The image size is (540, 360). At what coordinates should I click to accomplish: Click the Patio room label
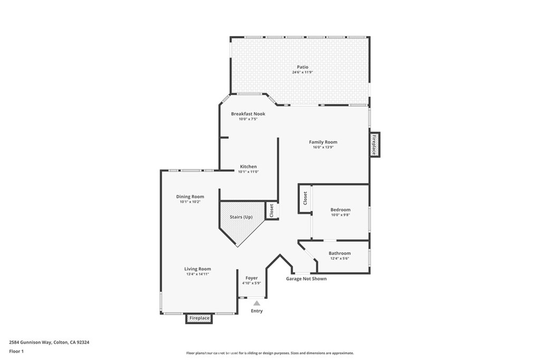pyautogui.click(x=302, y=67)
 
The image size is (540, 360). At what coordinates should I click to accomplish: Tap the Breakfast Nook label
pyautogui.click(x=248, y=114)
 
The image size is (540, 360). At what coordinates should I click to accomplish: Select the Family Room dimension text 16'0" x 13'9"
pyautogui.click(x=323, y=147)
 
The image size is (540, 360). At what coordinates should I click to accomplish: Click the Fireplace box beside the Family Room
pyautogui.click(x=374, y=144)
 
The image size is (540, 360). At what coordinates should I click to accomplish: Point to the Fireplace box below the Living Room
pyautogui.click(x=199, y=318)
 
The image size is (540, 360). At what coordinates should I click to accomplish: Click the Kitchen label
pyautogui.click(x=248, y=167)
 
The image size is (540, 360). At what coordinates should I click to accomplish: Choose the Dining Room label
pyautogui.click(x=190, y=197)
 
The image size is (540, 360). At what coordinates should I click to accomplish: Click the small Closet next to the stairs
pyautogui.click(x=272, y=211)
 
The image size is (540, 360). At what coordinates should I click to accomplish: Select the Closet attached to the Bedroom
pyautogui.click(x=305, y=199)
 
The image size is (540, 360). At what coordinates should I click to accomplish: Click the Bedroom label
pyautogui.click(x=340, y=210)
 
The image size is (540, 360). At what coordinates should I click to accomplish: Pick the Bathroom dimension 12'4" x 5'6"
pyautogui.click(x=339, y=258)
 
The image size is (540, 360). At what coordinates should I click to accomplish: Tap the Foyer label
pyautogui.click(x=252, y=278)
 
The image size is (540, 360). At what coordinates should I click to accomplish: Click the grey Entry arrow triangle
pyautogui.click(x=256, y=303)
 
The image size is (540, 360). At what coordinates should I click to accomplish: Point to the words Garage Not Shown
pyautogui.click(x=306, y=279)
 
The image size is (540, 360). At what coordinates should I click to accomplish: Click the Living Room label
pyautogui.click(x=197, y=269)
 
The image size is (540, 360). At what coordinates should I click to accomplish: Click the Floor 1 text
pyautogui.click(x=17, y=351)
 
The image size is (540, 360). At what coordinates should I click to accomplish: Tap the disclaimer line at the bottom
pyautogui.click(x=269, y=353)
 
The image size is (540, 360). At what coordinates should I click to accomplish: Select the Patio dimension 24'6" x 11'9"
pyautogui.click(x=302, y=72)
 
